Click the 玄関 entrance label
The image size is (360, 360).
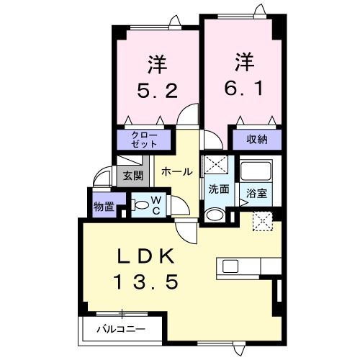click(x=132, y=176)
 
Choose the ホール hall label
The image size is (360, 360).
click(x=176, y=171)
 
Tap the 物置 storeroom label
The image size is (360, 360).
click(x=104, y=207)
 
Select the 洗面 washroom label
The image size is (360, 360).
click(x=218, y=189)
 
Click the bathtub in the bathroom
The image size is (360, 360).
click(x=256, y=173)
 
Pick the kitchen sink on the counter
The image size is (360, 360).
click(x=231, y=266)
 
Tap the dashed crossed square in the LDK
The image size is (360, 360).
click(x=261, y=222)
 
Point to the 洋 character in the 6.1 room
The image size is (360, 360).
click(x=243, y=60)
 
